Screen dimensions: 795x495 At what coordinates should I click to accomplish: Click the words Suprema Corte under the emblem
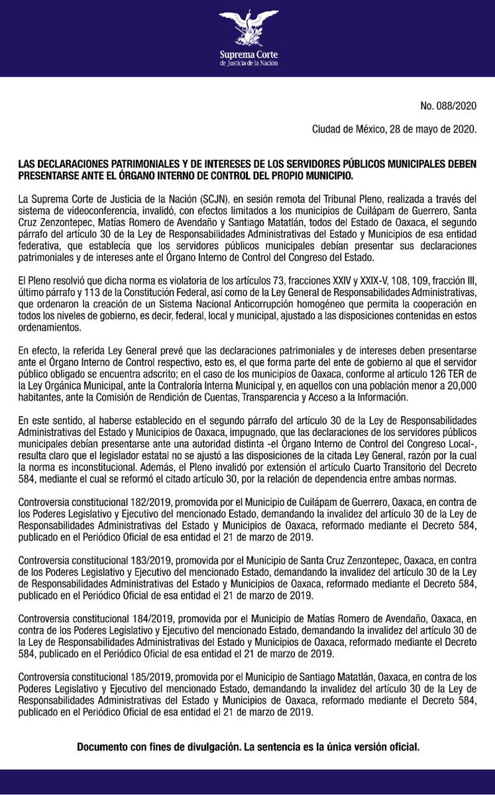click(248, 55)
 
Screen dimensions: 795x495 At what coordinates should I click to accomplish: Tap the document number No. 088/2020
click(448, 106)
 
